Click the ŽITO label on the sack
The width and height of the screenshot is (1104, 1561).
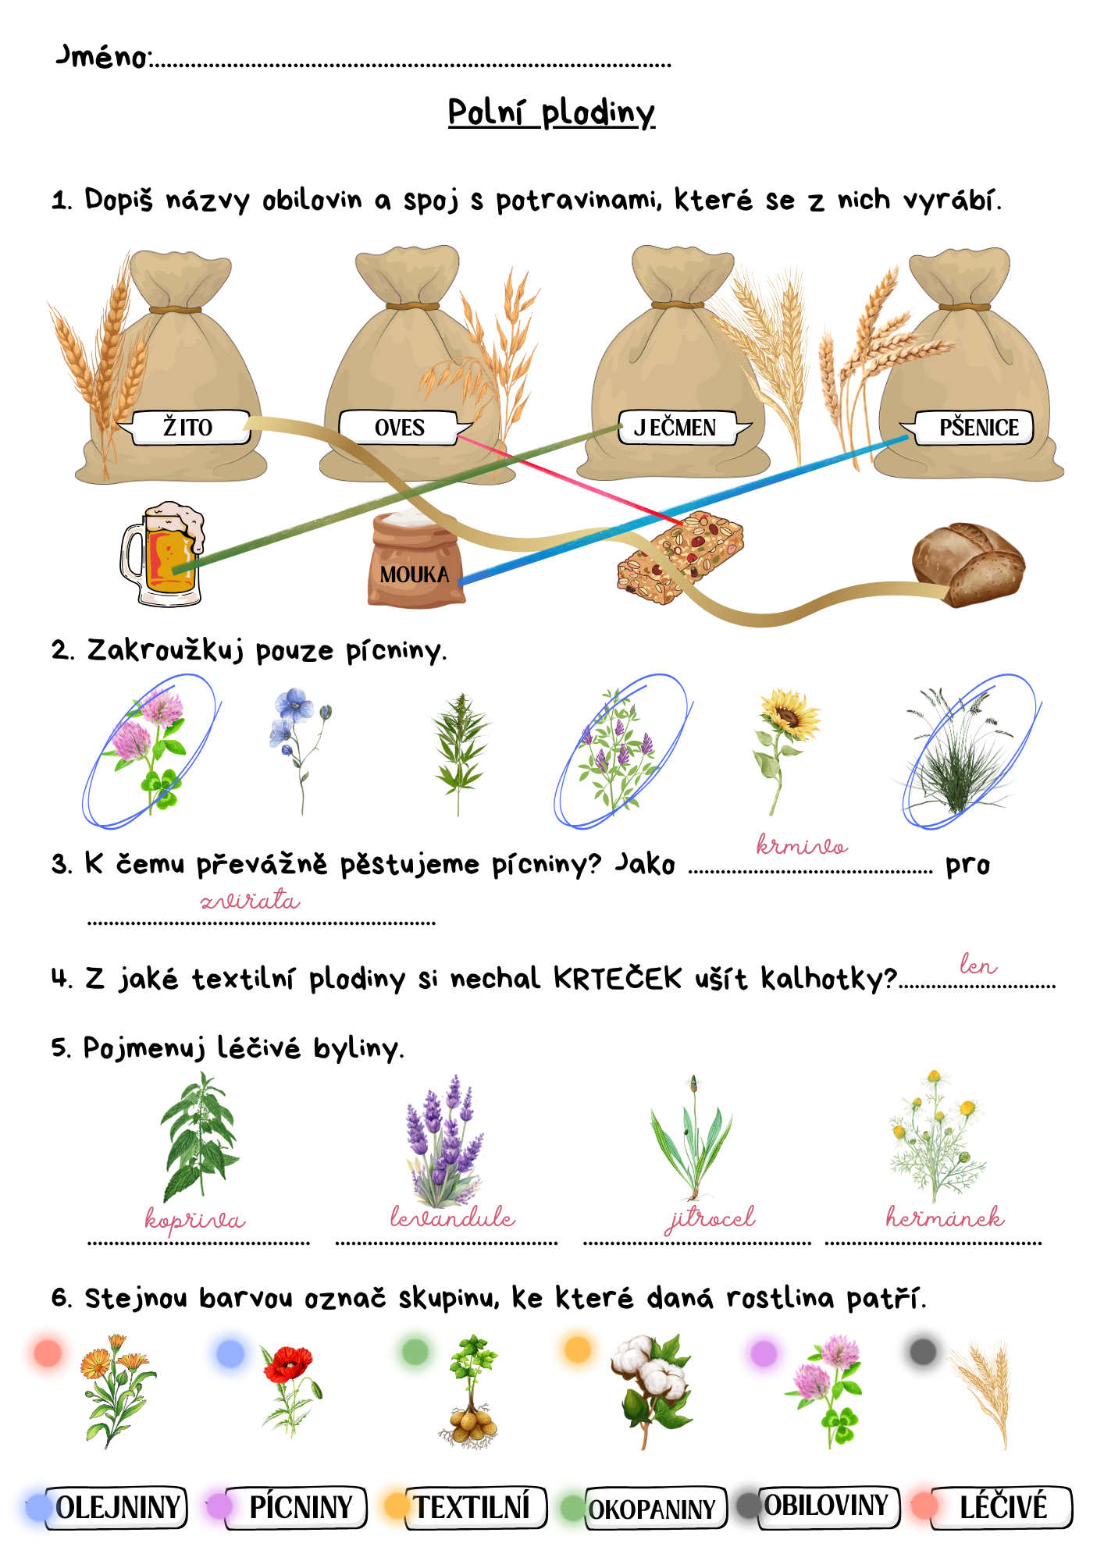(187, 427)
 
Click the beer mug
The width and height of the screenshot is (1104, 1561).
(162, 554)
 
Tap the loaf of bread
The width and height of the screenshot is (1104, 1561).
(968, 564)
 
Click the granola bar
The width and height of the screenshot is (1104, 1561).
(680, 557)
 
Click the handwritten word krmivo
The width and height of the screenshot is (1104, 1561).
(802, 845)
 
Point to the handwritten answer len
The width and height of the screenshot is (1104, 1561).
(978, 965)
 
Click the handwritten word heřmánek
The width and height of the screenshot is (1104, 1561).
(945, 1216)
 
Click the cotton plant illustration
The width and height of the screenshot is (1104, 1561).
(651, 1389)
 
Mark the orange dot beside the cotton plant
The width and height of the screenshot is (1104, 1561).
(578, 1349)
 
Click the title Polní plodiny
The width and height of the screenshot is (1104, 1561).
(551, 113)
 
